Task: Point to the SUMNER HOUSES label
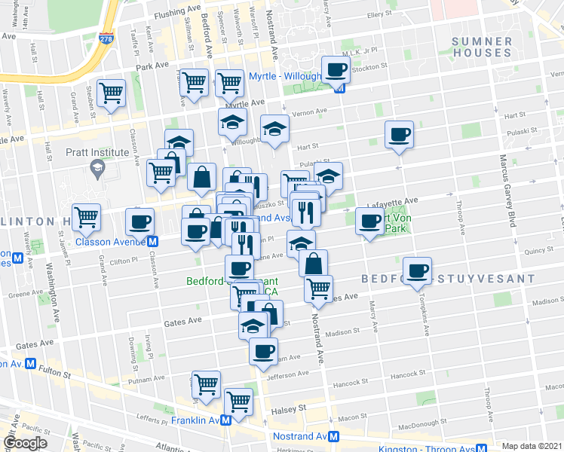coord(483,47)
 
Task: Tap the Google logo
coord(26,443)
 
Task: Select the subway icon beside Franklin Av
coord(226,420)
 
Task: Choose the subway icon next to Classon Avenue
coord(152,242)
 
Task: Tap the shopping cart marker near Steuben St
coord(112,93)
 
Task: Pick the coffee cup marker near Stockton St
coord(336,70)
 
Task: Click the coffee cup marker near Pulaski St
coord(399,135)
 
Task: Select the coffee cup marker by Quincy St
coord(417,270)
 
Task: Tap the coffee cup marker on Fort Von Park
coord(369,221)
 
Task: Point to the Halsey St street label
coord(289,407)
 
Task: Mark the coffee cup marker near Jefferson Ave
coord(263,351)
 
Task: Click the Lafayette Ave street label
coord(392,201)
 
